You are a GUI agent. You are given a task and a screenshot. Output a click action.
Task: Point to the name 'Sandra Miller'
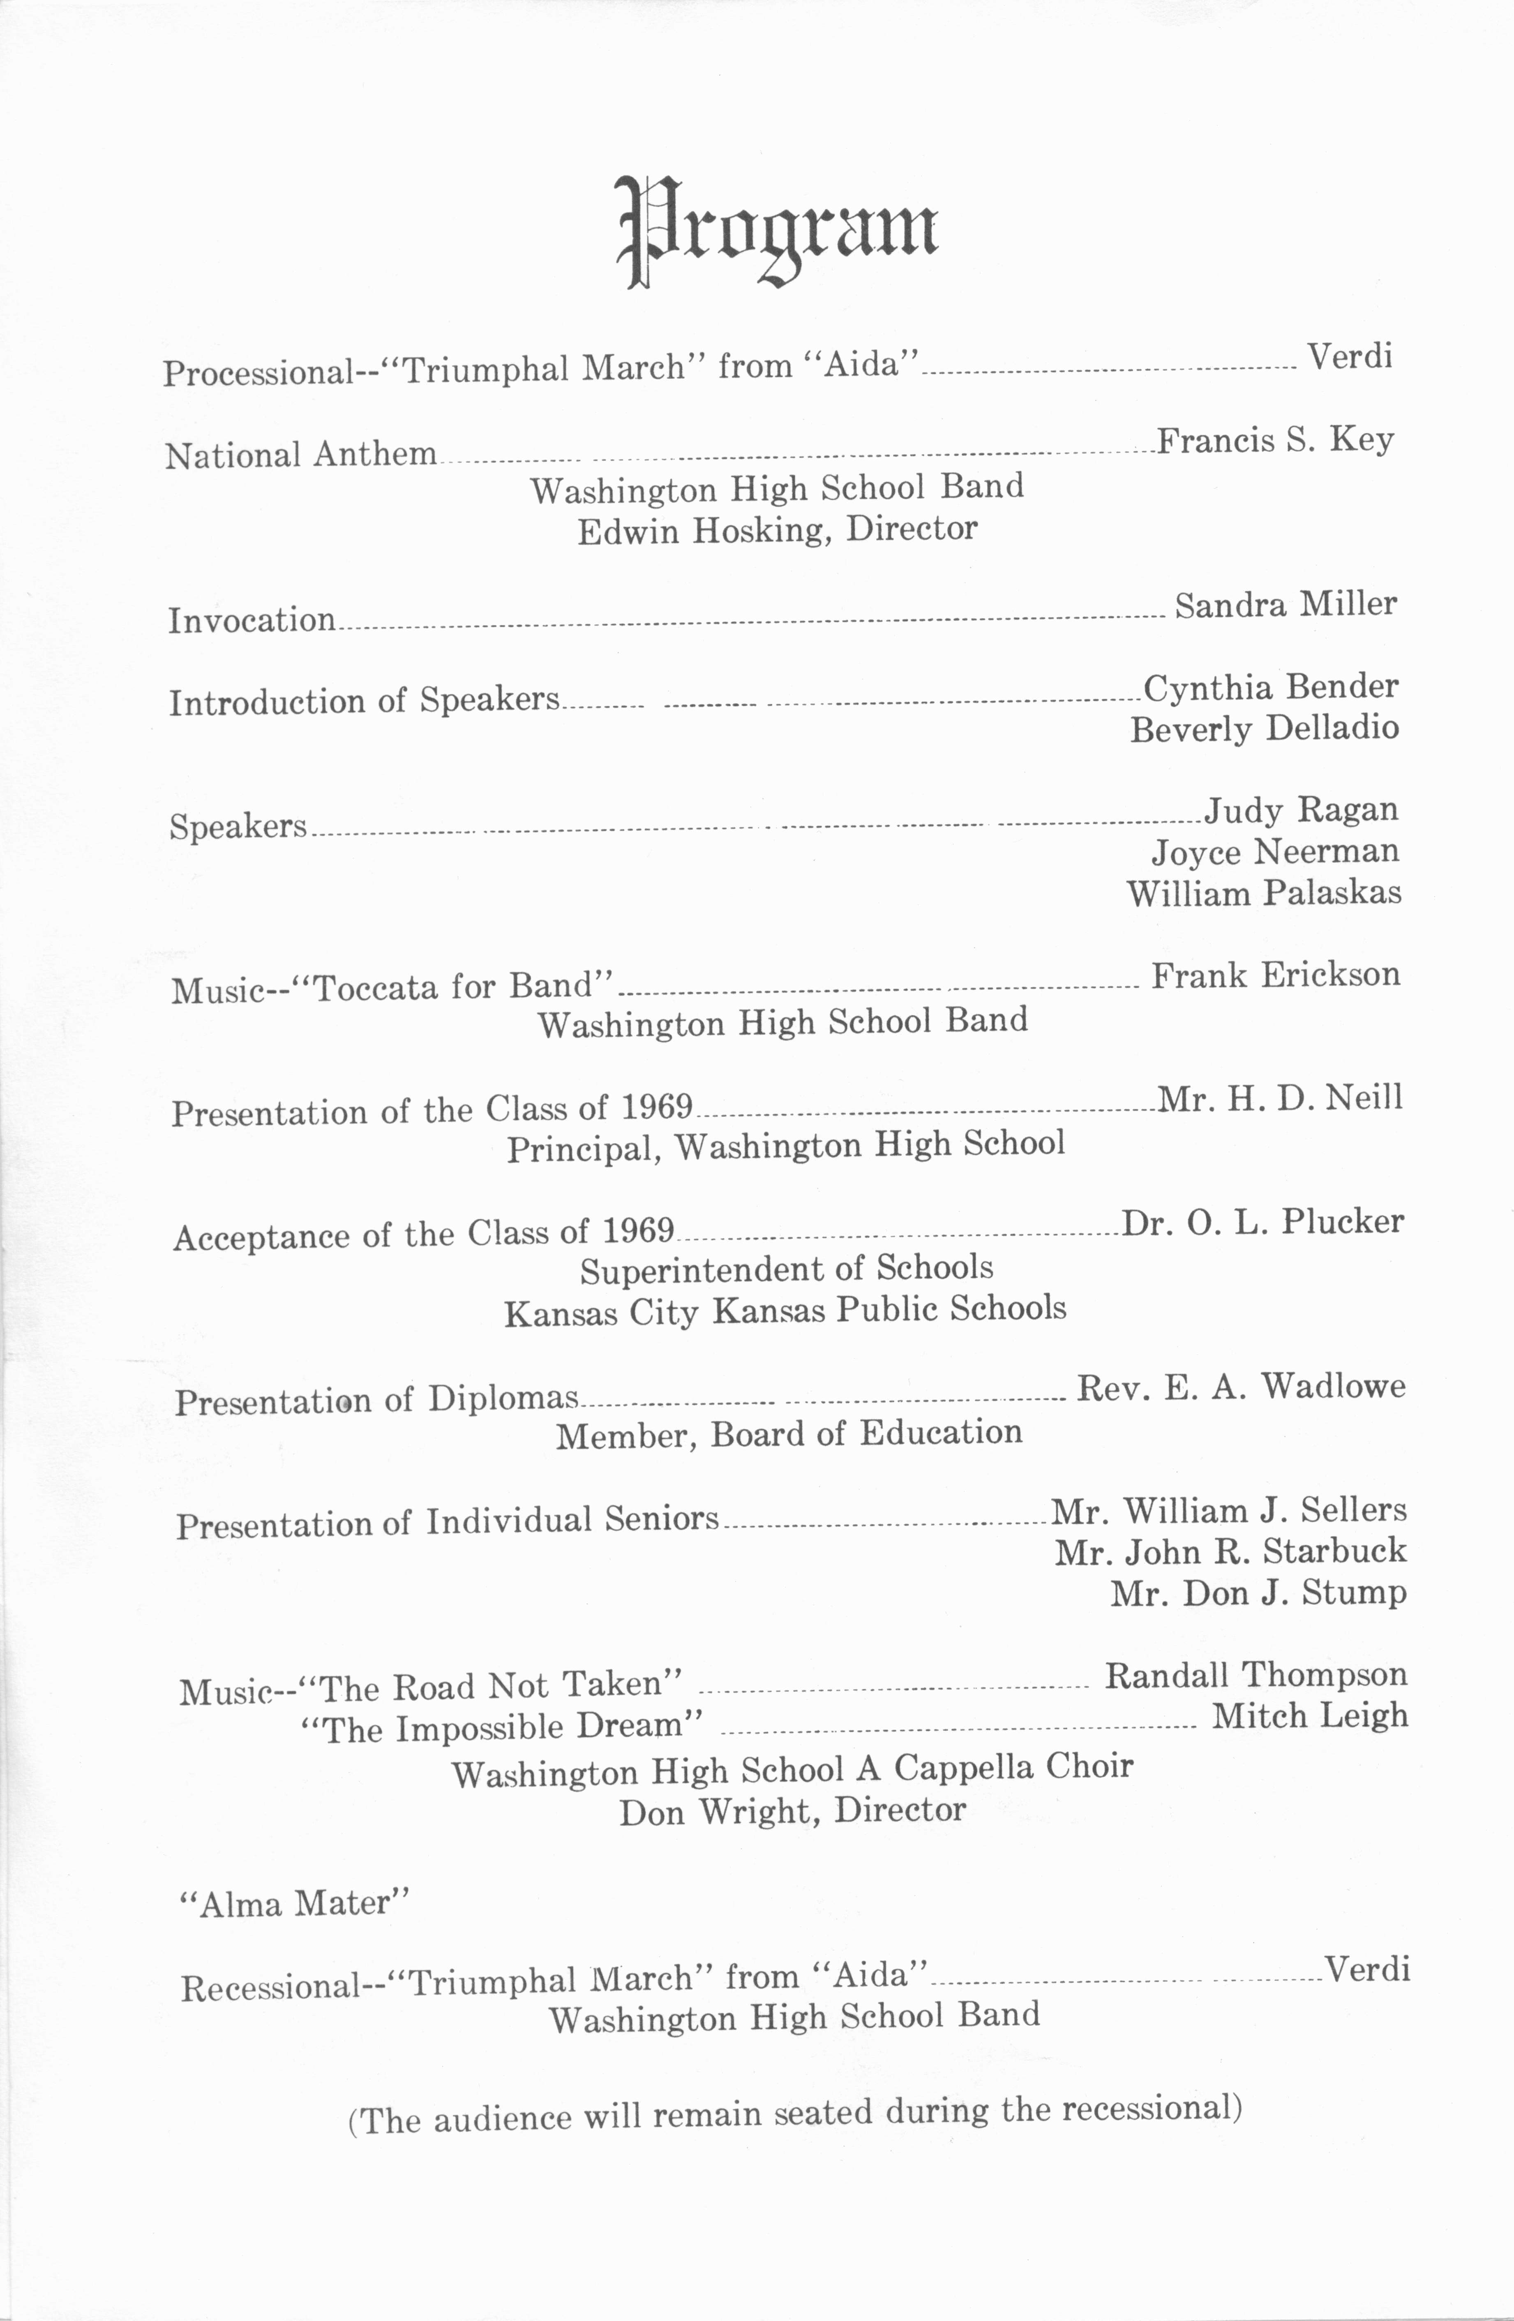pos(1285,605)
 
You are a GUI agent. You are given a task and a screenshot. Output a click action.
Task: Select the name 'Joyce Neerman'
pos(1275,851)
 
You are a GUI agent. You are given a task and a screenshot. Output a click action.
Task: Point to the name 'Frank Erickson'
pos(1275,975)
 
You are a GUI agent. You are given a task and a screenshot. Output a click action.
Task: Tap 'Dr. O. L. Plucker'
pos(1262,1222)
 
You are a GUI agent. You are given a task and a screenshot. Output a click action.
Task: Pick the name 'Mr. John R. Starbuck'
pos(1230,1551)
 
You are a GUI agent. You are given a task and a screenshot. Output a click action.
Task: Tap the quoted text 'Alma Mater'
pos(294,1904)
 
